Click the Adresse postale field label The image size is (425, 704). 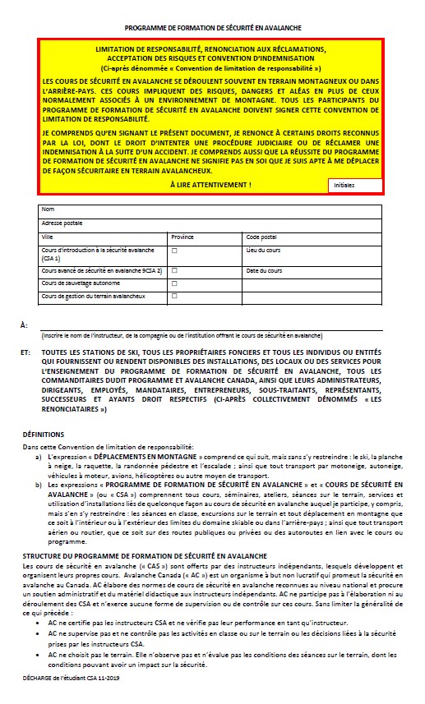(x=62, y=223)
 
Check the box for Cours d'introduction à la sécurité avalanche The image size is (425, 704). (x=174, y=249)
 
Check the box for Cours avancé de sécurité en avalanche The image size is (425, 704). (x=174, y=270)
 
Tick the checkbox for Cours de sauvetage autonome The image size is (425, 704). (x=174, y=283)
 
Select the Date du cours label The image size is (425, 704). (x=264, y=270)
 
